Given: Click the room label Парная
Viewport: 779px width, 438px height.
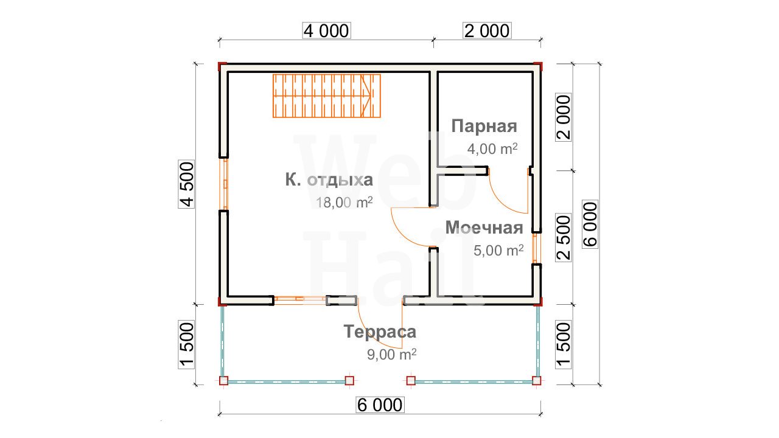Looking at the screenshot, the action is [484, 126].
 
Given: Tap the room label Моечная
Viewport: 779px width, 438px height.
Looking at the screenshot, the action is [484, 228].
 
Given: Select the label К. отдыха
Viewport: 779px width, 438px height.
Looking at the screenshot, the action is [329, 180].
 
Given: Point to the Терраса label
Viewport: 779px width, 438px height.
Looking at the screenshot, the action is [380, 332].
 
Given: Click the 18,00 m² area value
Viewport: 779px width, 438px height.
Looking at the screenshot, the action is [344, 203].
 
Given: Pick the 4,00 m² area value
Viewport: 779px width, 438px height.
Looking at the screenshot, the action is [492, 149].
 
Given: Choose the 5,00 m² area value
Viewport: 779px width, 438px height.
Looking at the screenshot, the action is [498, 250].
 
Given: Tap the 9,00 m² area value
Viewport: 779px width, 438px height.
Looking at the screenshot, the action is [391, 355].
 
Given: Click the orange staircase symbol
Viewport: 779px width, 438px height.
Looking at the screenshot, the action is [327, 96].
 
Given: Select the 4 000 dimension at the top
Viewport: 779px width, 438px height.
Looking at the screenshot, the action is [326, 30].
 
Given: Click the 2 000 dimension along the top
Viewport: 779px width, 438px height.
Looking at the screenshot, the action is [487, 30].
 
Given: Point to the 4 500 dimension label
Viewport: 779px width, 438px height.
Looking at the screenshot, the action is [186, 184].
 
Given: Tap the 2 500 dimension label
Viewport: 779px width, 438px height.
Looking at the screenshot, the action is [564, 237].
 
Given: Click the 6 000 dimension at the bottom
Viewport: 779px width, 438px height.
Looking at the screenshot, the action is [380, 405].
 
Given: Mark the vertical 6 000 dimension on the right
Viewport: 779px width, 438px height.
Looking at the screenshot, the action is [590, 224].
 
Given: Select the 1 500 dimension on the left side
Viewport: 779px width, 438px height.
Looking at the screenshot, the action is [186, 345].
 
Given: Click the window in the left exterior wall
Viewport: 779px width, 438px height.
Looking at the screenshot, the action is [225, 184].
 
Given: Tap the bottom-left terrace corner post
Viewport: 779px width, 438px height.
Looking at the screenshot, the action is [223, 381].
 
